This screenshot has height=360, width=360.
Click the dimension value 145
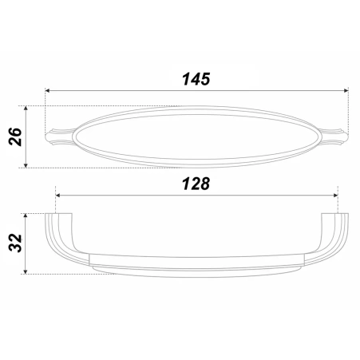point(196,79)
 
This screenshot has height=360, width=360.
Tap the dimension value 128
point(196,184)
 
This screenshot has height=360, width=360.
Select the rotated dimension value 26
point(15,136)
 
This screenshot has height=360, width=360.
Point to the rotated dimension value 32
point(15,243)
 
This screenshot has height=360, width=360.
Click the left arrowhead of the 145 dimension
point(47,90)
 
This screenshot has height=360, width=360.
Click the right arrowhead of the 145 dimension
point(346,90)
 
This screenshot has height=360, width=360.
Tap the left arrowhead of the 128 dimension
point(57,196)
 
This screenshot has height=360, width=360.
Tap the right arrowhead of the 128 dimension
point(335,196)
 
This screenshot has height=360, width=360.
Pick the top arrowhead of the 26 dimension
point(26,109)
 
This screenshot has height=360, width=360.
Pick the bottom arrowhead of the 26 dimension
point(26,165)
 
